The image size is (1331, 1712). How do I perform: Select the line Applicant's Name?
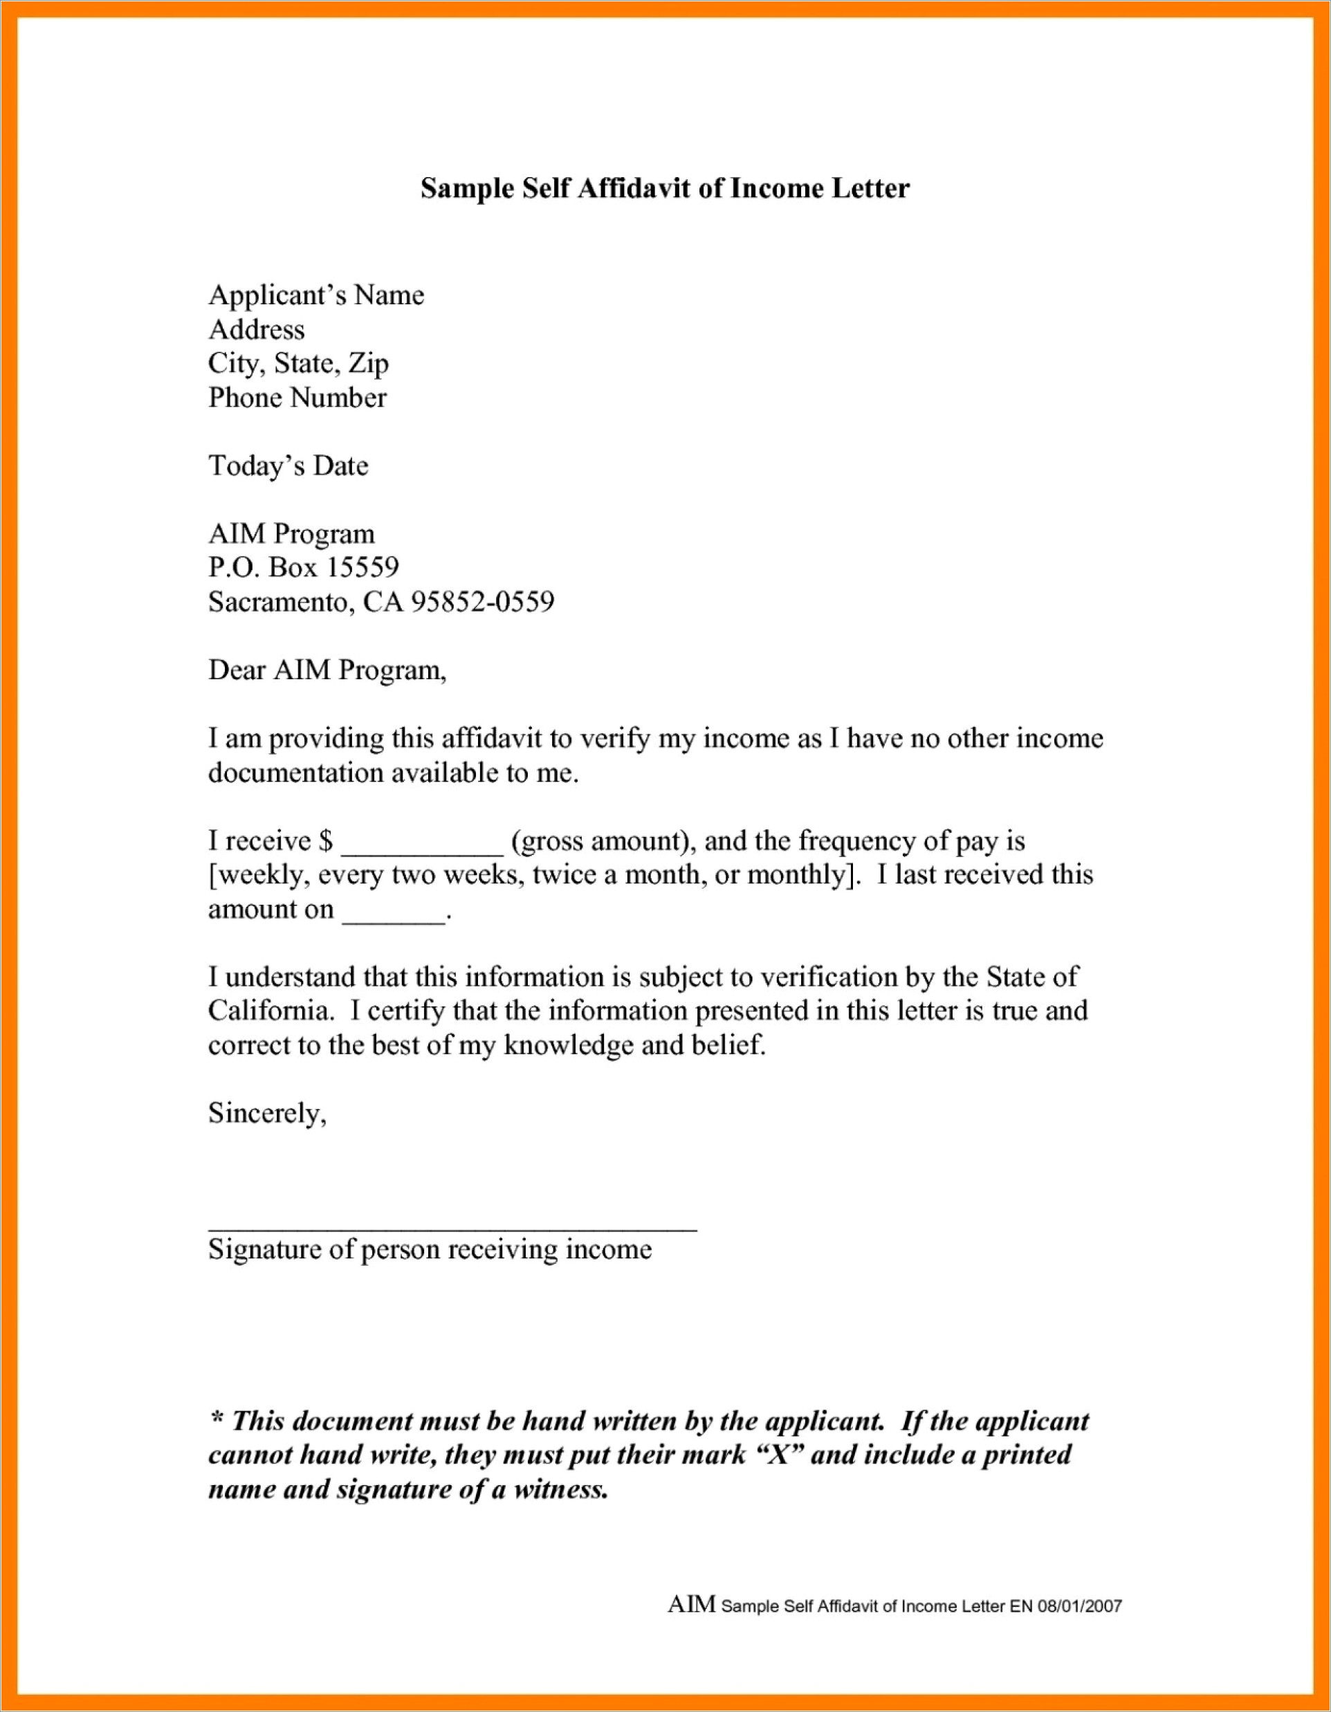pos(316,295)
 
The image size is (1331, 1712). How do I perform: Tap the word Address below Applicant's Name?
pos(257,330)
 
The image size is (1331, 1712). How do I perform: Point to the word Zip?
pos(369,365)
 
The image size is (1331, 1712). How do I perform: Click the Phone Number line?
pos(297,398)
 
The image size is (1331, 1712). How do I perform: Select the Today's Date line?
pos(288,466)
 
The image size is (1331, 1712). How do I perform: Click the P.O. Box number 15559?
pos(362,567)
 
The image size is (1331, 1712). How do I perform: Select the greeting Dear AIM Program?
pos(327,671)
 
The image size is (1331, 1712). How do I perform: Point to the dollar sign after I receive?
pos(326,841)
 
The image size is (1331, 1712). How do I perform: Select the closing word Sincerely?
pos(266,1114)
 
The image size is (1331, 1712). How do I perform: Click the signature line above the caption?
pos(452,1230)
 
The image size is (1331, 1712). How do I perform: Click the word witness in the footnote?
pos(560,1489)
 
